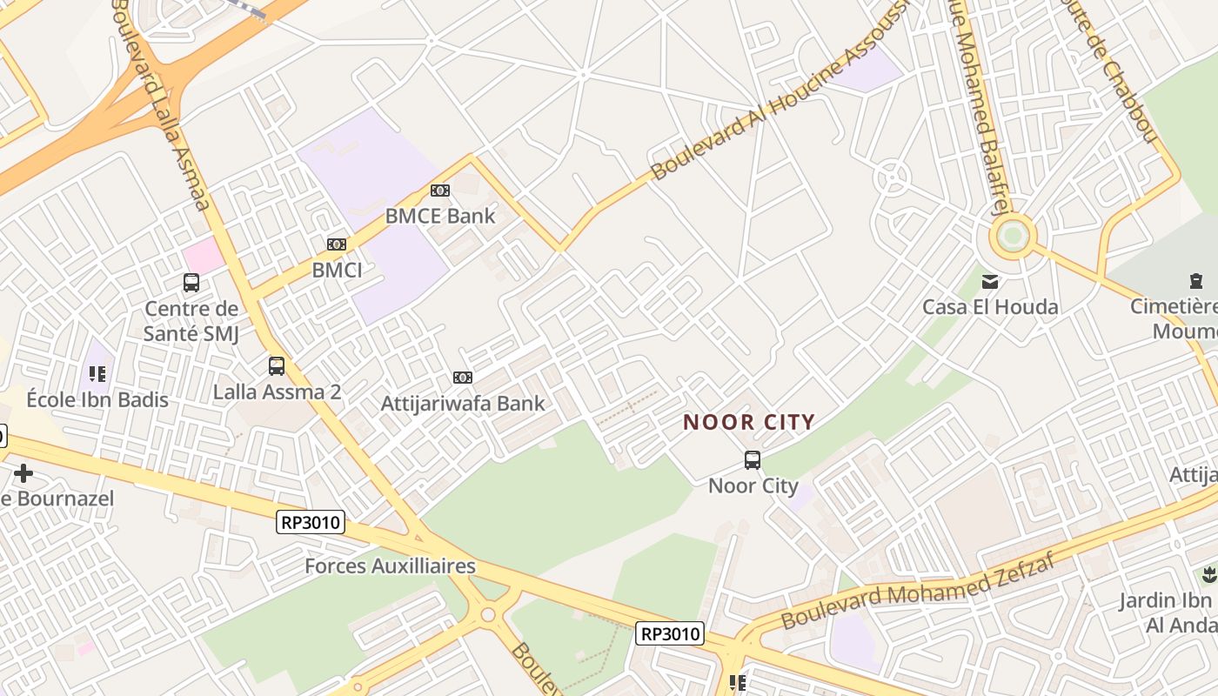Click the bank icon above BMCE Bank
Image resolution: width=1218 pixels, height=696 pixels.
click(x=440, y=191)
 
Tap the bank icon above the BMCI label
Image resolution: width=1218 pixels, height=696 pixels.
click(x=337, y=244)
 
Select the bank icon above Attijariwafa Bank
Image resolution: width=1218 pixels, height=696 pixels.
click(x=463, y=378)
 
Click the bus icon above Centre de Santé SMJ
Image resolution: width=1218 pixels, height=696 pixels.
click(x=191, y=283)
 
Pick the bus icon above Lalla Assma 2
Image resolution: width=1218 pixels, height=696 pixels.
click(x=277, y=366)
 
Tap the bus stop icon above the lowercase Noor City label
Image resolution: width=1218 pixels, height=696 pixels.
click(x=753, y=460)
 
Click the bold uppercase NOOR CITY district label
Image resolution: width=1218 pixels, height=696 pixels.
click(x=749, y=423)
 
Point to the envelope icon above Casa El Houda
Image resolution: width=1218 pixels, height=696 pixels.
click(x=990, y=281)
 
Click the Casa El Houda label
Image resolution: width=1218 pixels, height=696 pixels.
click(x=990, y=307)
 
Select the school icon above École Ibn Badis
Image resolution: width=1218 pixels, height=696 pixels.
click(x=97, y=374)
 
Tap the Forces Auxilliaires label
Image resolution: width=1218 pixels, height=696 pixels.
click(x=390, y=566)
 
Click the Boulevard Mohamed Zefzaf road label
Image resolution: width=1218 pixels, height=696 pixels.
click(x=919, y=591)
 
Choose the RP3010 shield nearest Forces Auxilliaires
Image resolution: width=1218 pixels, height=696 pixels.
click(x=311, y=522)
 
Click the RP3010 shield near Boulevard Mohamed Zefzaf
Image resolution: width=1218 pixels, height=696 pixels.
click(x=669, y=633)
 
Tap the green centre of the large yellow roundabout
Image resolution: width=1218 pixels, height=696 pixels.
click(x=1012, y=236)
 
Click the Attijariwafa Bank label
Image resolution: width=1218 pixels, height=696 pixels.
click(x=463, y=404)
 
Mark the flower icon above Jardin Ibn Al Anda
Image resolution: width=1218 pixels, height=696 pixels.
click(x=1208, y=574)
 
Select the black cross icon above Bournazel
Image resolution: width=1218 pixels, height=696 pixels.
click(x=23, y=473)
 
